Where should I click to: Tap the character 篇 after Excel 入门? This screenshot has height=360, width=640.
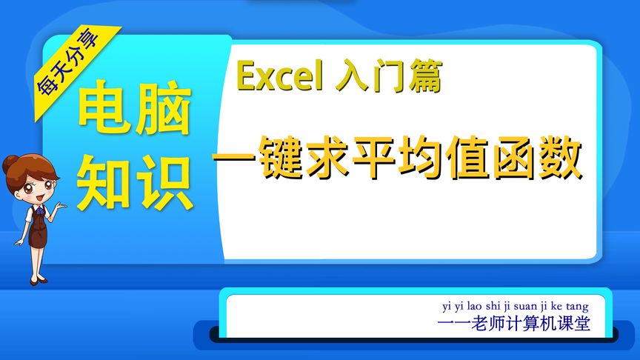point(426,76)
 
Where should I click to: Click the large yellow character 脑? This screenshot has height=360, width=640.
point(163,107)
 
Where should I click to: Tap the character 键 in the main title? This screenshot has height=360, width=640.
point(281,157)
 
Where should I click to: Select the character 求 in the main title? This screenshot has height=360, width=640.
point(327,157)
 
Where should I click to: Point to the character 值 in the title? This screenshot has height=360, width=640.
point(467,158)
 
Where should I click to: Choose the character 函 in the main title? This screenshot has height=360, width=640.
point(514,158)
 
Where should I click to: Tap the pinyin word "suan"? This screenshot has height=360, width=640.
point(525,306)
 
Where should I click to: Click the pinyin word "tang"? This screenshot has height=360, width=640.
point(578,307)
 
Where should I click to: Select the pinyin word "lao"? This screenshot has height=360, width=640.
point(474,306)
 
